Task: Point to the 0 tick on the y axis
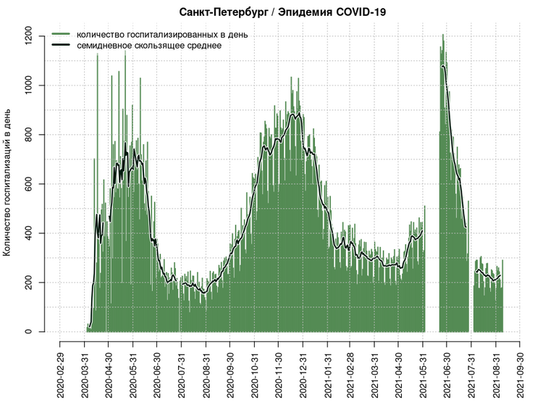tap(33, 332)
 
